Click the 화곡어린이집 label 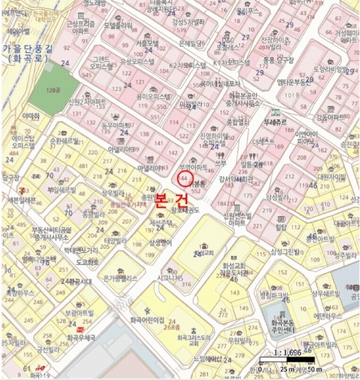pyautogui.click(x=147, y=320)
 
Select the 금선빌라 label pyautogui.click(x=49, y=349)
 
